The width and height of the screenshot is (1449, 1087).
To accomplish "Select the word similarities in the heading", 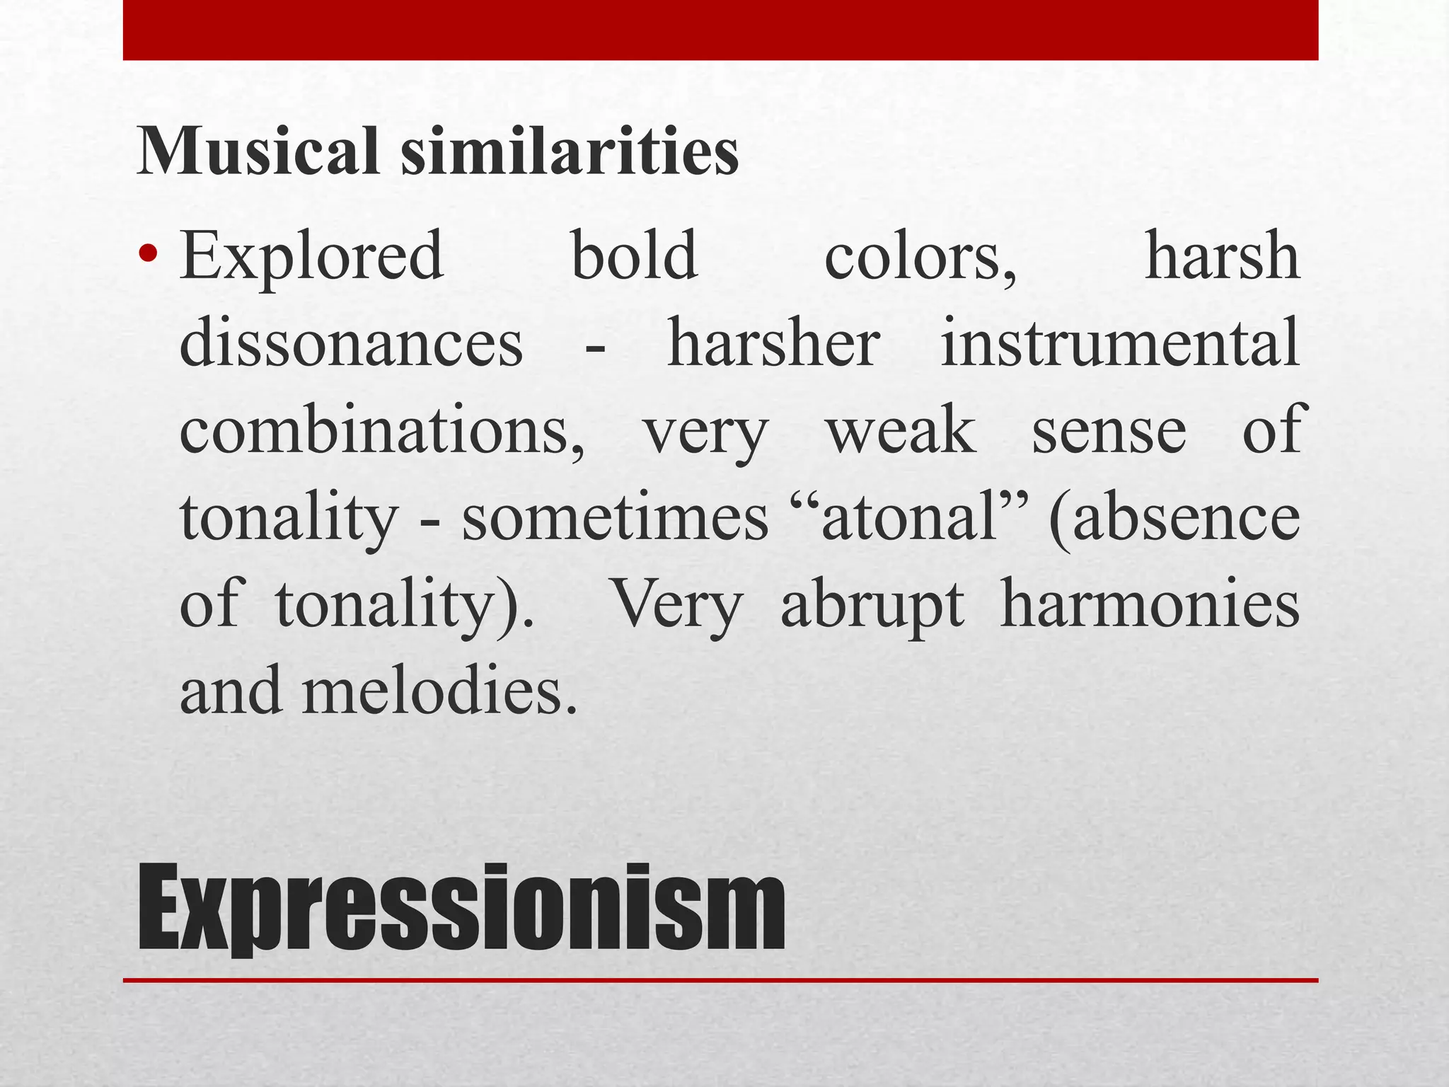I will [x=570, y=151].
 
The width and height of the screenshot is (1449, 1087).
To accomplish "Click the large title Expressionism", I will [x=461, y=909].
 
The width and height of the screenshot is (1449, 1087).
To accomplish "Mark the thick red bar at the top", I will [x=720, y=30].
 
